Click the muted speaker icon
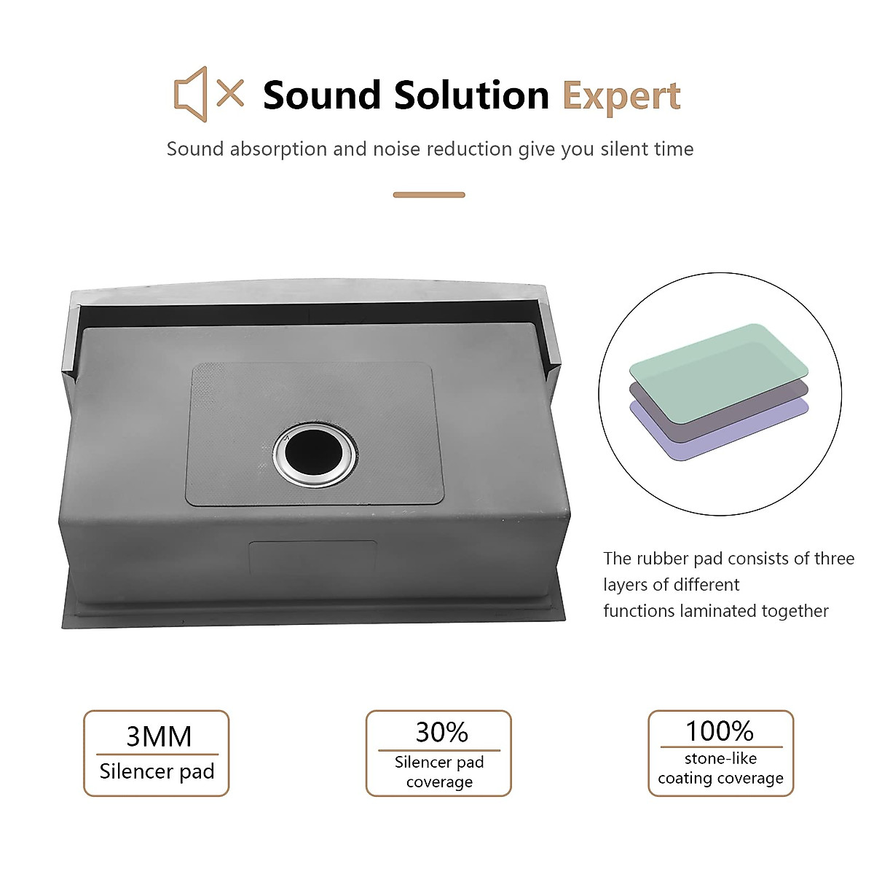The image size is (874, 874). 192,94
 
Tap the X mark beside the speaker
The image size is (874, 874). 230,92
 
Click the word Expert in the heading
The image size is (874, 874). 621,96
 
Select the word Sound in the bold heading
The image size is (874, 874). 322,95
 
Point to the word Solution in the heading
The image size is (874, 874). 472,95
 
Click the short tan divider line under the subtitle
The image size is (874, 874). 429,195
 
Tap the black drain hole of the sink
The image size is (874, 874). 315,455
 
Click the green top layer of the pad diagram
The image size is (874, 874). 718,374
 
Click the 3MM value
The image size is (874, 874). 159,736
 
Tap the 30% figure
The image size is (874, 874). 442,732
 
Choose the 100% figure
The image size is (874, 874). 720,731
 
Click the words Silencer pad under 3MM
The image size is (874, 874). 157,771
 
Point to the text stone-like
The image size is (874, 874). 721,758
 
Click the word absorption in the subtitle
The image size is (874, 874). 278,149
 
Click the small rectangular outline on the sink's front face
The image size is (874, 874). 313,558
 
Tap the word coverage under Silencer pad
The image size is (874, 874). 439,782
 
